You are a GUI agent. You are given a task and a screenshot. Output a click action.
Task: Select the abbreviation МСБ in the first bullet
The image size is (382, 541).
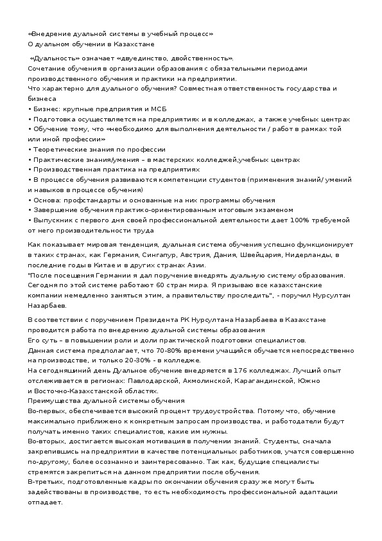click(x=159, y=109)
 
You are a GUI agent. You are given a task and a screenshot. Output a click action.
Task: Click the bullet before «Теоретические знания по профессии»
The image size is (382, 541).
click(x=30, y=149)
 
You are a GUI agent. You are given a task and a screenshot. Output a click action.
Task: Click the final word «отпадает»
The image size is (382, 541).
click(x=45, y=502)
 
